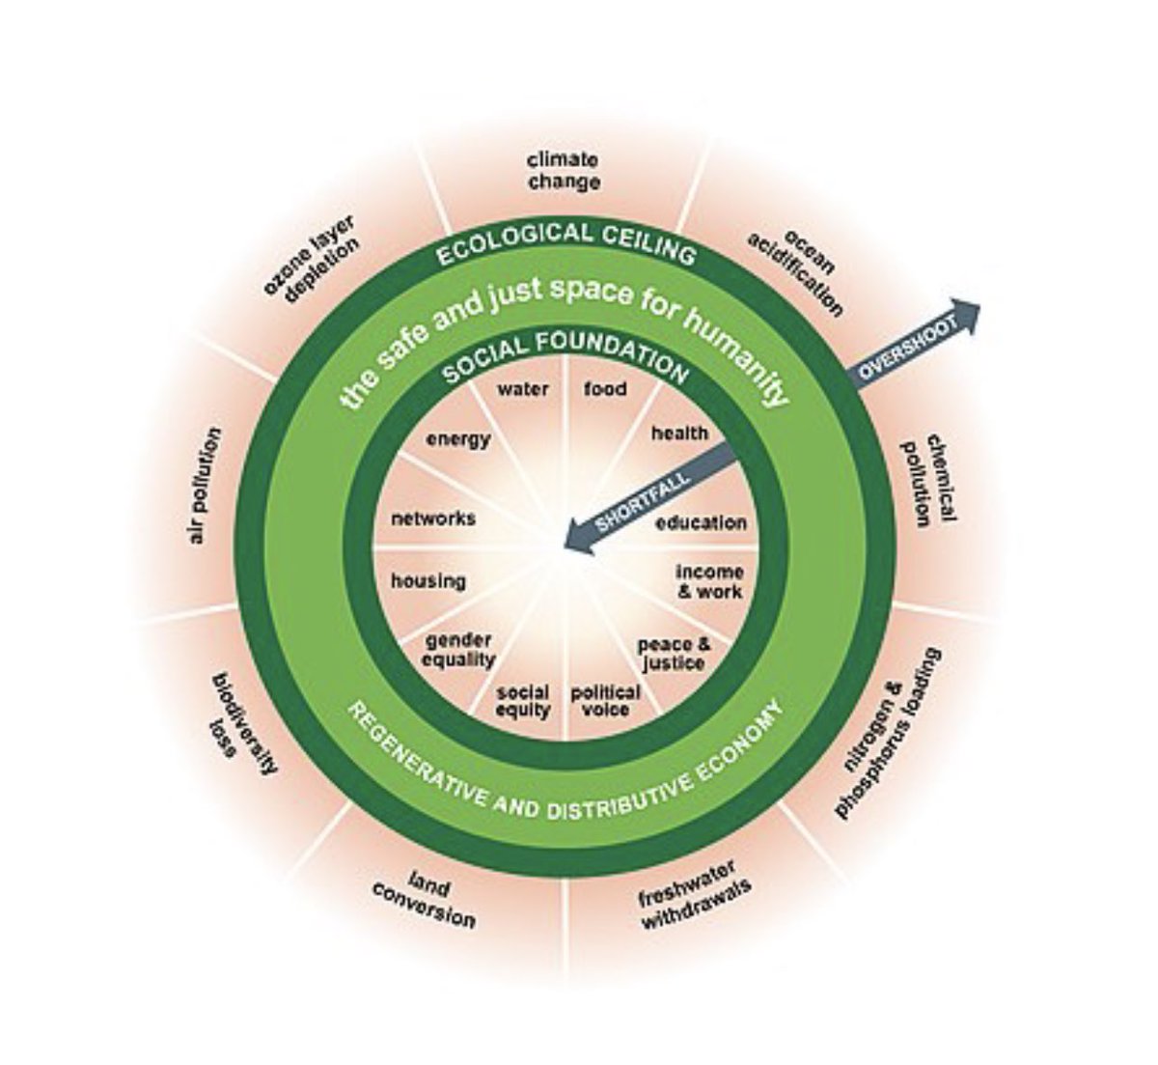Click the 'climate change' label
564,171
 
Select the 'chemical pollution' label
927,480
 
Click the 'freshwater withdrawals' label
694,893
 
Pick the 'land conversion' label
424,899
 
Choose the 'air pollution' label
204,486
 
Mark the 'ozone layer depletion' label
315,258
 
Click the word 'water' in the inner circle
523,390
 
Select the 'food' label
605,389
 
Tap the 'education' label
702,523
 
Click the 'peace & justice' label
673,654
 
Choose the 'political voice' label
605,701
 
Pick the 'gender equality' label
458,650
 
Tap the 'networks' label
433,518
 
